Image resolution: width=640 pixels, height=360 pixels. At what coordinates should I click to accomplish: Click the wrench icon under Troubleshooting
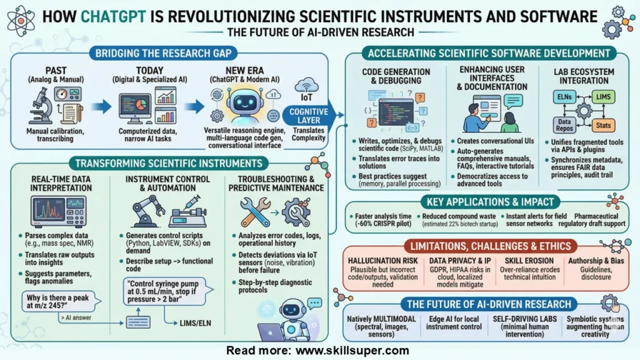[256, 212]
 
